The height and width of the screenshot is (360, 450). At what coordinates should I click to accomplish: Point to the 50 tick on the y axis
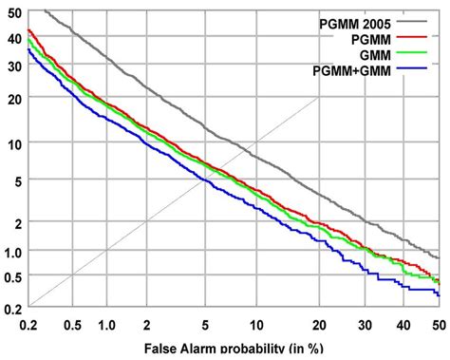(x=13, y=12)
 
